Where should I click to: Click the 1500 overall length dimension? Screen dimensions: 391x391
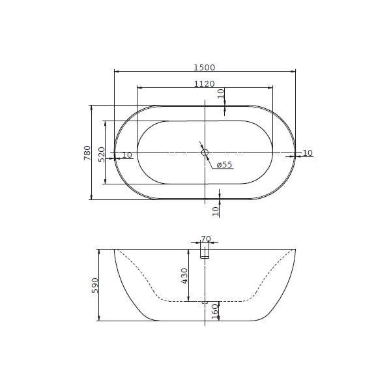(205, 68)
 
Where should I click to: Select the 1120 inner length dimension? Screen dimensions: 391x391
(205, 84)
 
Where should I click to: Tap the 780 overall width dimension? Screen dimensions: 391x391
(87, 152)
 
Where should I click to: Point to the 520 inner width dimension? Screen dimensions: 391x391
(102, 154)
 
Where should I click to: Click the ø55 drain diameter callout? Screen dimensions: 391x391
(224, 165)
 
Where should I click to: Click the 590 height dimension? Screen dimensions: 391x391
(95, 285)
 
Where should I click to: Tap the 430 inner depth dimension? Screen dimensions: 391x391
(184, 276)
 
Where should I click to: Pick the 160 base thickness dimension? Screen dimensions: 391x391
(215, 311)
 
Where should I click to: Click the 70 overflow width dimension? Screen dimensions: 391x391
(206, 239)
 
